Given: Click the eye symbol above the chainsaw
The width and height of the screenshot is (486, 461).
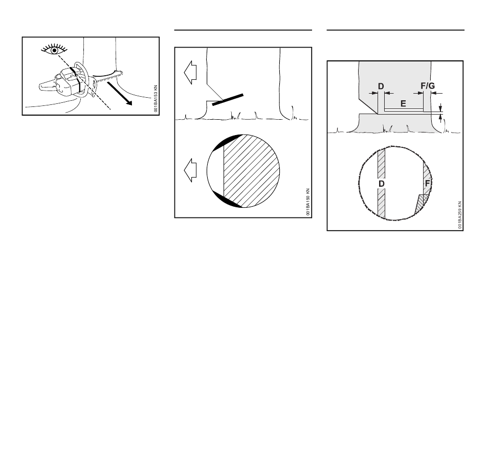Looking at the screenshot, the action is point(54,50).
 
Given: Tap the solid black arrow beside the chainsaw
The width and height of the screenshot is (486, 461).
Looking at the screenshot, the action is point(120,94).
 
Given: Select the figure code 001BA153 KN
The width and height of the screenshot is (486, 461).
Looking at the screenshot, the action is point(156,99).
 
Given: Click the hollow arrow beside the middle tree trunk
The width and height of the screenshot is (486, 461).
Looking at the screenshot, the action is point(190,72).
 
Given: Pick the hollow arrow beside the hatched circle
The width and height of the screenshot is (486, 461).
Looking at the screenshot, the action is point(190,170).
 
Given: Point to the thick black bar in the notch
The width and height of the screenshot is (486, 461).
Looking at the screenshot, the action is point(228,100).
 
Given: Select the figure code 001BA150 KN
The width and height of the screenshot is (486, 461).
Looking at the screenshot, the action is point(308,202).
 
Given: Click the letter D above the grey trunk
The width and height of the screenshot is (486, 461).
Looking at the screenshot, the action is point(381,86).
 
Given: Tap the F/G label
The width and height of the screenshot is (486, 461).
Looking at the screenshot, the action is point(428,85).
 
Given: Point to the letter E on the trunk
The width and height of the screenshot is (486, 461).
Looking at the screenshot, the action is point(403,103).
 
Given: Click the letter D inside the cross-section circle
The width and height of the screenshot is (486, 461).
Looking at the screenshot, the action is point(381,184).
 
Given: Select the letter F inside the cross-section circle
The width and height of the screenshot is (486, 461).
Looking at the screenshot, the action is point(427,183).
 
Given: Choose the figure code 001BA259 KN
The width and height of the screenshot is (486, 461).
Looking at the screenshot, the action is point(460,215).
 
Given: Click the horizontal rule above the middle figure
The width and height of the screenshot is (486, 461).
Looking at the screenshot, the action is point(243,30).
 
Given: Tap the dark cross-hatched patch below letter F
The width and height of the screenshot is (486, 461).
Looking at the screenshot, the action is point(422,204).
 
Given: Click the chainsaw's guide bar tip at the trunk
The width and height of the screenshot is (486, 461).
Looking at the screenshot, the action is point(120,74).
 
